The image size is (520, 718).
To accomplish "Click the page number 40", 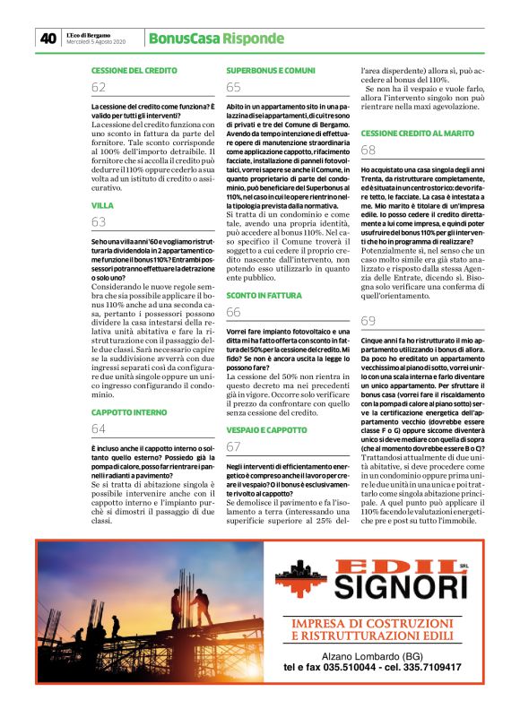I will pyautogui.click(x=47, y=39).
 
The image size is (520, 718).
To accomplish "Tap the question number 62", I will pyautogui.click(x=99, y=87).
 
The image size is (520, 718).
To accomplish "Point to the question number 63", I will pyautogui.click(x=99, y=223).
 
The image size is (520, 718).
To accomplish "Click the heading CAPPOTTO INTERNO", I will pyautogui.click(x=129, y=412).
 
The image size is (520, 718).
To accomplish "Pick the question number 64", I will pyautogui.click(x=99, y=429).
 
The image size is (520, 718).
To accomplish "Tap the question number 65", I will pyautogui.click(x=233, y=87).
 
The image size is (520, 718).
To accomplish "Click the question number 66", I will pyautogui.click(x=233, y=312).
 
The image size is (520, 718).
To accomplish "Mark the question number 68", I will pyautogui.click(x=368, y=151).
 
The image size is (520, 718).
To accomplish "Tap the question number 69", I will pyautogui.click(x=368, y=321).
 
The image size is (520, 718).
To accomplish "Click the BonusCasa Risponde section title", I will pyautogui.click(x=216, y=39).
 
